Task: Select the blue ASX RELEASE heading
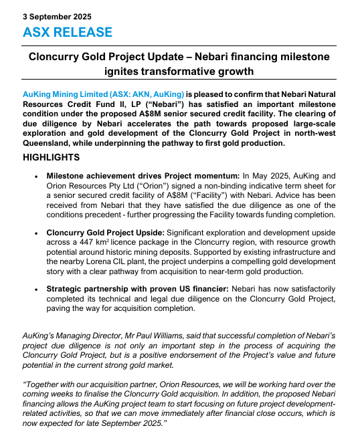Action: coord(68,32)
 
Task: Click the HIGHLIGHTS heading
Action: coord(52,157)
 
